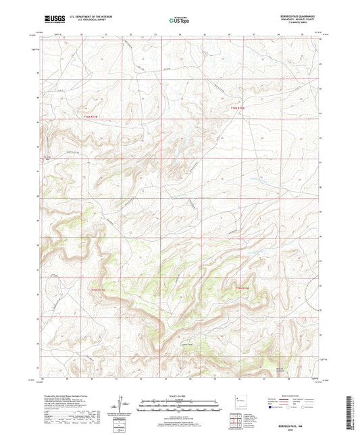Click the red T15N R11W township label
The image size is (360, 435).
99,289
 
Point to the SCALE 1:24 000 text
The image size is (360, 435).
180,395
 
